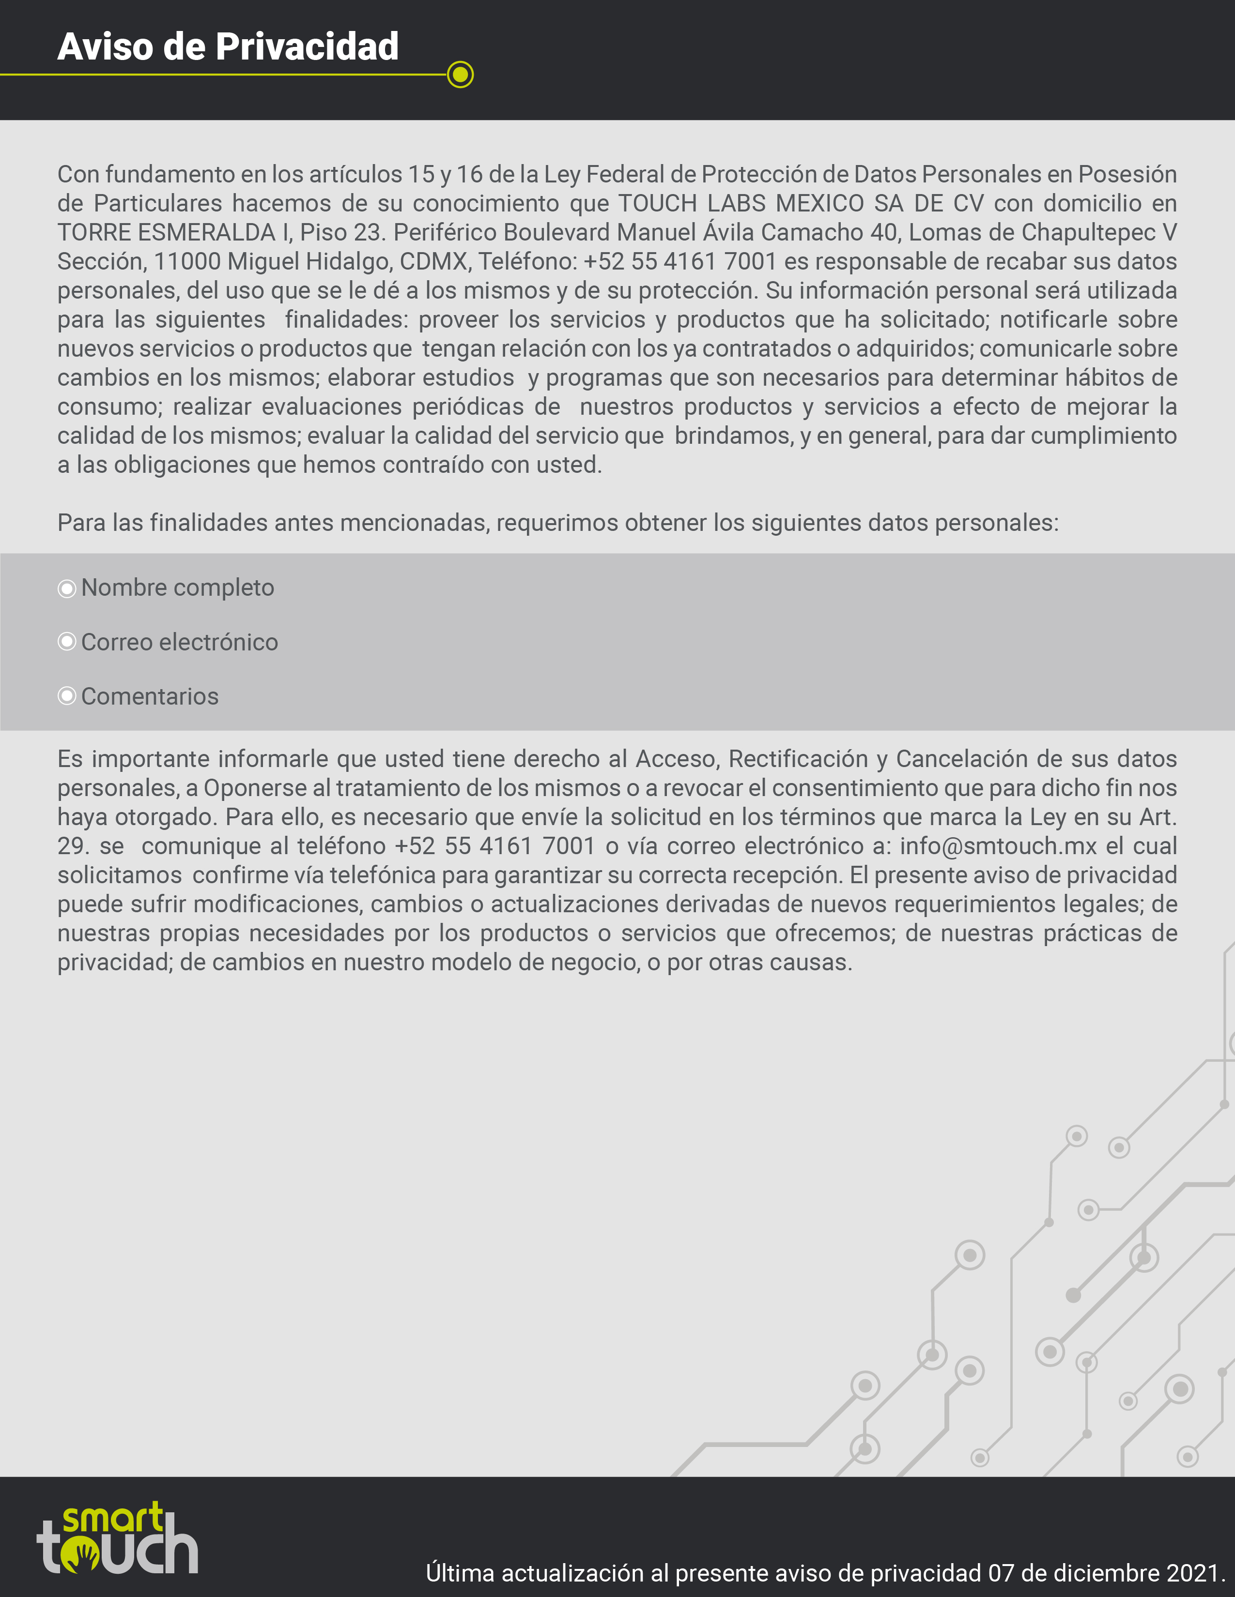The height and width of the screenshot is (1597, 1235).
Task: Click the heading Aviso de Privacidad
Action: [x=228, y=47]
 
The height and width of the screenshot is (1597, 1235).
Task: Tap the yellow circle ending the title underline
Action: [x=460, y=75]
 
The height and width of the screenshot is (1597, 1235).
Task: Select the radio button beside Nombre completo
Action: [x=66, y=588]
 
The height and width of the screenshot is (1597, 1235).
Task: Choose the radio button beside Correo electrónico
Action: [x=66, y=642]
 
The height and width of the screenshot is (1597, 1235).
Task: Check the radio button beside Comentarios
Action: [x=66, y=696]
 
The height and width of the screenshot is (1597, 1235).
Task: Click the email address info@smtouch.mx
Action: [x=998, y=846]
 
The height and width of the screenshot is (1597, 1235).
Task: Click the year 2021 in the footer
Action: [x=1195, y=1573]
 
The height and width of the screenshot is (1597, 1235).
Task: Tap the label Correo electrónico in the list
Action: [x=179, y=642]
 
